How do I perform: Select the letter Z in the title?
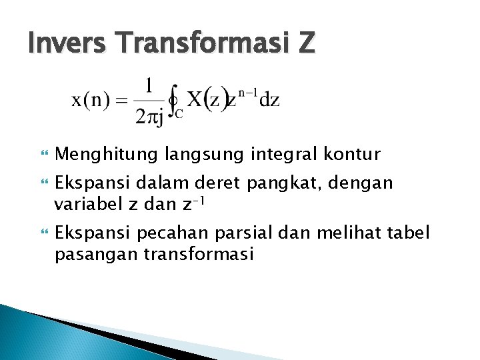pos(305,44)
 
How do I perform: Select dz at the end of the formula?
pos(269,101)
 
